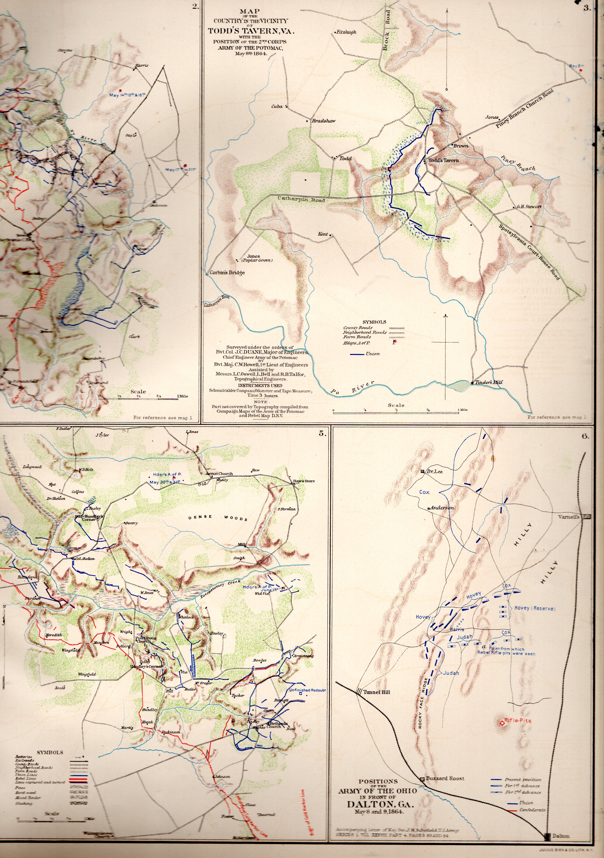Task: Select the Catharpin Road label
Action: [x=301, y=200]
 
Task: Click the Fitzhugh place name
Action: [x=346, y=32]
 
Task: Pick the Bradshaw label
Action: [x=324, y=121]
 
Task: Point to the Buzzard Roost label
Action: [x=445, y=778]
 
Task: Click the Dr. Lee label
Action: [x=435, y=472]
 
